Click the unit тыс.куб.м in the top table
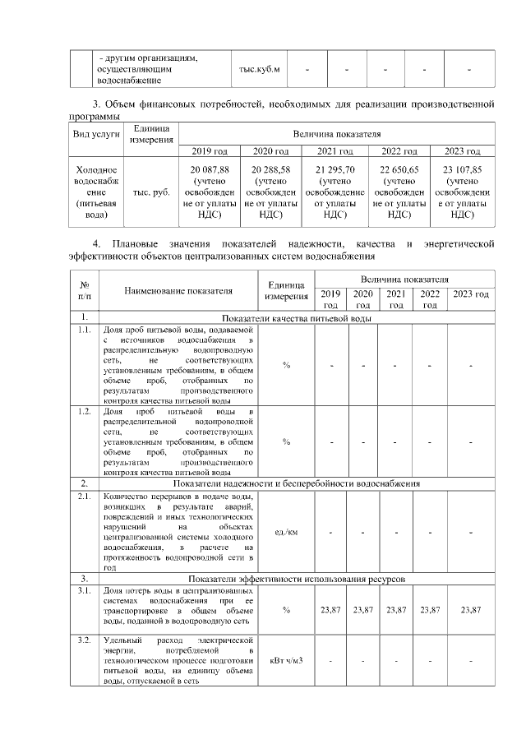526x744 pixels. point(260,70)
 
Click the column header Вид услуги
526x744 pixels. point(95,132)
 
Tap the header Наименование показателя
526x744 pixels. point(178,290)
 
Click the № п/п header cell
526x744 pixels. point(83,290)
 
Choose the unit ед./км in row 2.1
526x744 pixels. point(285,532)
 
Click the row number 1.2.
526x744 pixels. point(83,410)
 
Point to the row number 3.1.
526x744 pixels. point(83,590)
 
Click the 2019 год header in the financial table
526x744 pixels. point(209,150)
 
